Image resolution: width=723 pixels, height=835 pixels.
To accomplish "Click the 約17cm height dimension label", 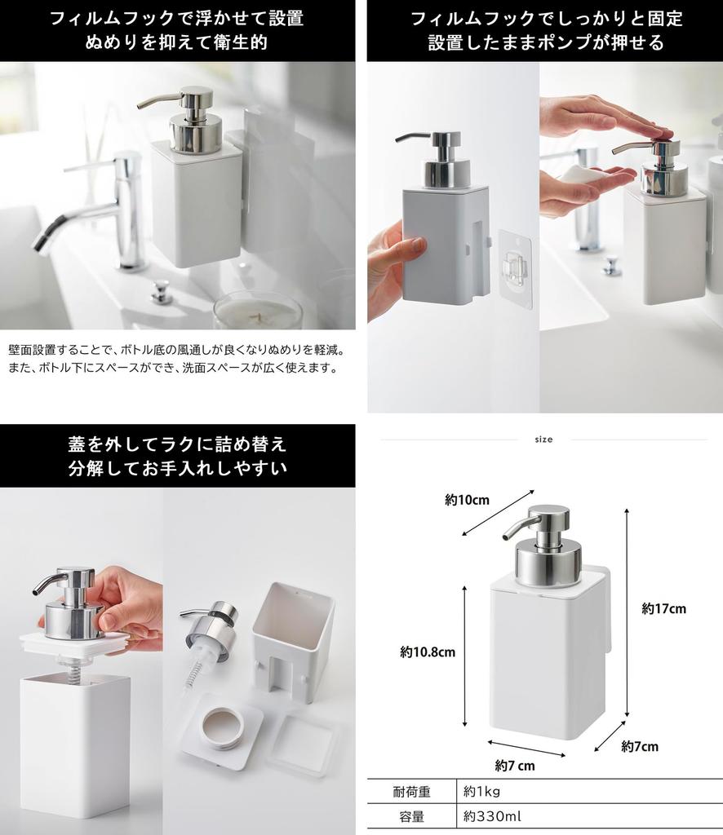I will click(663, 608).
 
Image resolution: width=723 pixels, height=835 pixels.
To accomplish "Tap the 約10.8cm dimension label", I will click(427, 652).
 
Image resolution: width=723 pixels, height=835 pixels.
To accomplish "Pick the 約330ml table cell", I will click(493, 816).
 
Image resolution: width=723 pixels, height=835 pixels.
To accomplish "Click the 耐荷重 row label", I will click(411, 791).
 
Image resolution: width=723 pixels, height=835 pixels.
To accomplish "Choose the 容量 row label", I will click(411, 816).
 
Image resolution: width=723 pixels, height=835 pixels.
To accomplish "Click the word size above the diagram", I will click(543, 440).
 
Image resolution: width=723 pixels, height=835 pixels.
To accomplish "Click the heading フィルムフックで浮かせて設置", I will click(177, 18).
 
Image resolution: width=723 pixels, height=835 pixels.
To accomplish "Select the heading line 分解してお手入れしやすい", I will click(177, 469).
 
